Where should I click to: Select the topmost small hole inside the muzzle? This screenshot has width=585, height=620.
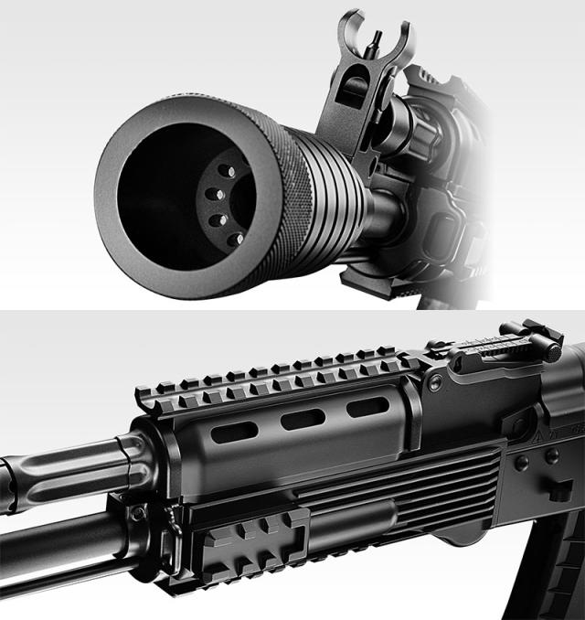229,171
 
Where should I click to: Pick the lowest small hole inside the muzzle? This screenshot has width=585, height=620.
235,239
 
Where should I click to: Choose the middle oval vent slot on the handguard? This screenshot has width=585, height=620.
303,420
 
